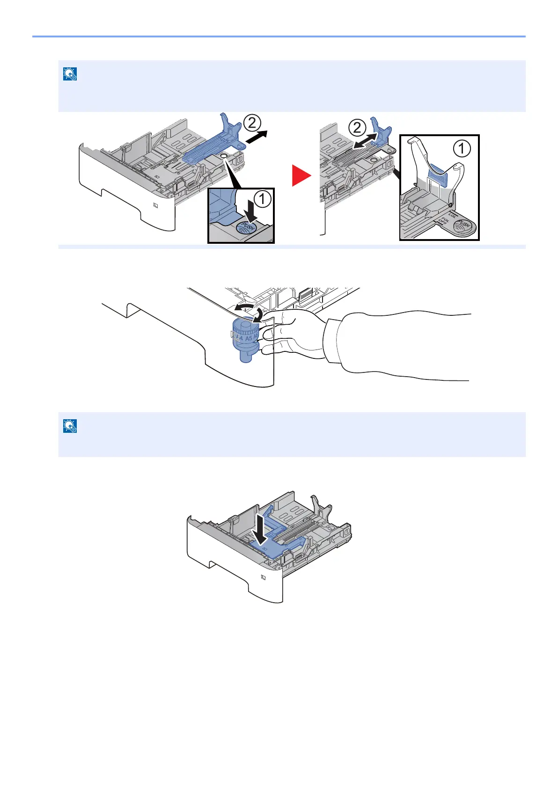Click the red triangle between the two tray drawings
tap(301, 175)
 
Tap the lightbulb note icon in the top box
tap(69, 74)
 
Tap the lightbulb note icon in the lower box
tap(69, 426)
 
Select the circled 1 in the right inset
tap(462, 149)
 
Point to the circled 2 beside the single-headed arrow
tap(252, 124)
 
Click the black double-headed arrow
tap(365, 141)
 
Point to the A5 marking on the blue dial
tap(249, 338)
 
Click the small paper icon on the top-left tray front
tap(155, 205)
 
